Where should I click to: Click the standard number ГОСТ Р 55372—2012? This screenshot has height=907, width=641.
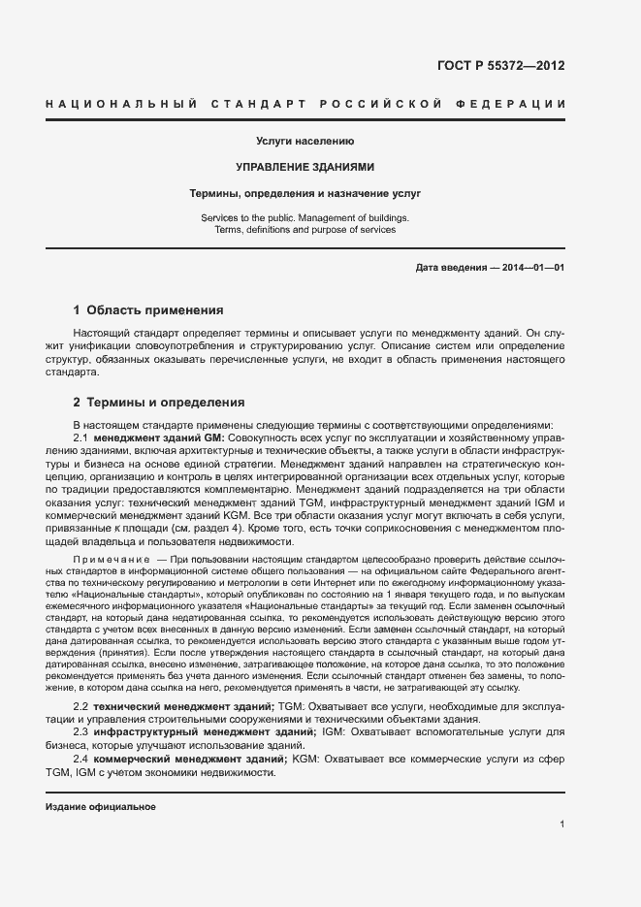[x=501, y=67]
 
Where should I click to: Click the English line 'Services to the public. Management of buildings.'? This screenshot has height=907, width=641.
[x=304, y=217]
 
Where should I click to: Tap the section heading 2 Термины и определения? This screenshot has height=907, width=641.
[x=159, y=402]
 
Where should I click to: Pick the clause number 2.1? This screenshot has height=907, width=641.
[x=81, y=437]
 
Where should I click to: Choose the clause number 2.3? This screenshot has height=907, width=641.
[x=81, y=732]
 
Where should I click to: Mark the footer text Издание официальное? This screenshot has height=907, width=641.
[x=101, y=807]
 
